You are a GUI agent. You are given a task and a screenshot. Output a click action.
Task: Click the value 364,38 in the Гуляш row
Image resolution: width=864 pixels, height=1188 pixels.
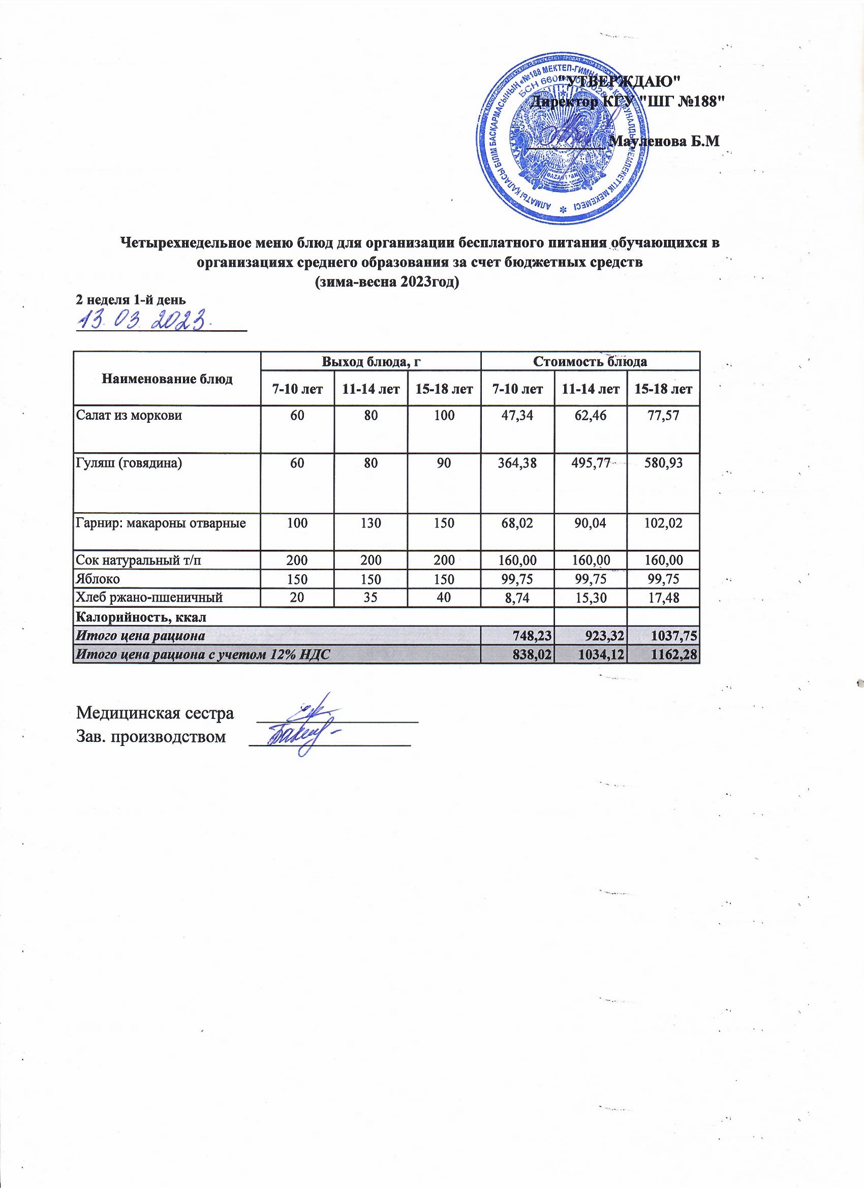click(518, 462)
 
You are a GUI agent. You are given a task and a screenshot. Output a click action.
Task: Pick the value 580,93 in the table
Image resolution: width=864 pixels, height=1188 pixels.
click(664, 462)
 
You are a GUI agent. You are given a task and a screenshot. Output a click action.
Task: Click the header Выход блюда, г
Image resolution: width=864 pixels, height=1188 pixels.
click(371, 361)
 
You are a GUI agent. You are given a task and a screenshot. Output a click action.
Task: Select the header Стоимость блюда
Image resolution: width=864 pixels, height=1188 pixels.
click(590, 361)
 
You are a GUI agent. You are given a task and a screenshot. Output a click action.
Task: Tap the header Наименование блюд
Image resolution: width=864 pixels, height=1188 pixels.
click(167, 379)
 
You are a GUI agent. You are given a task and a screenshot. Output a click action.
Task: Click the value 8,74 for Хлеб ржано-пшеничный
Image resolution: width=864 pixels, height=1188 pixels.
click(518, 598)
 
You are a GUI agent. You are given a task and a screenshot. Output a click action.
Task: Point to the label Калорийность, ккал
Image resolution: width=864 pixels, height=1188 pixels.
click(141, 616)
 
